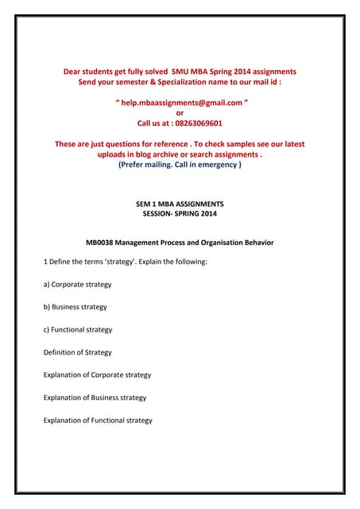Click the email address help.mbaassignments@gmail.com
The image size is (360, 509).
point(180,103)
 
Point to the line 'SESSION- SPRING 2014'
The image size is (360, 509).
point(179,214)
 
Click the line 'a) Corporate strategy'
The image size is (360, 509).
point(77,284)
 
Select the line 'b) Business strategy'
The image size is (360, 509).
point(75,307)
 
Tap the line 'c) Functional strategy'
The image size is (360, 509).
point(78,329)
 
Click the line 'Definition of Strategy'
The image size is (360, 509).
point(77,352)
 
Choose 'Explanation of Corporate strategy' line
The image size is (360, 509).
point(97,375)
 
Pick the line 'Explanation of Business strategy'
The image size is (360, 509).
point(95,398)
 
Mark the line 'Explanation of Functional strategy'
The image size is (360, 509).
point(98,421)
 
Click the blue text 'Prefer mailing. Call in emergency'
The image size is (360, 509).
point(179,165)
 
